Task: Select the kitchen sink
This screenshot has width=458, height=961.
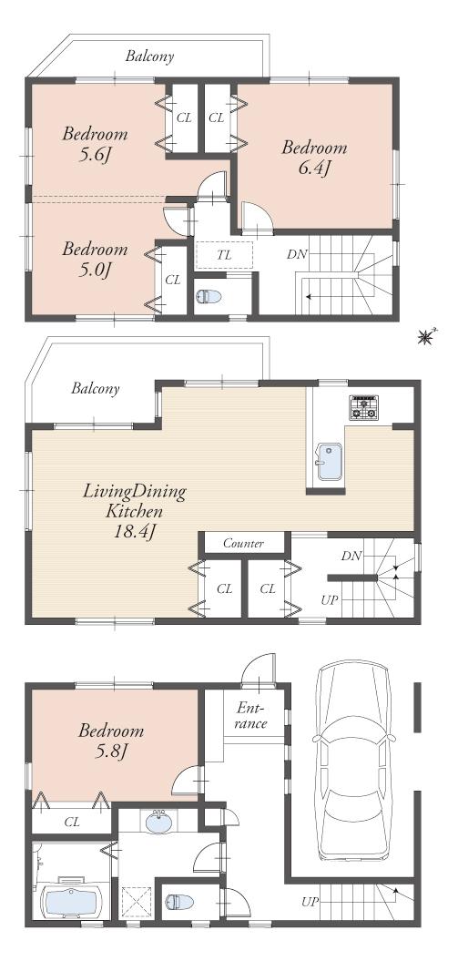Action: [x=329, y=462]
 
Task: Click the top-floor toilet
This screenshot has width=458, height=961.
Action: [x=209, y=297]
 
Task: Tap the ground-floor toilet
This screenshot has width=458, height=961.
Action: [x=177, y=902]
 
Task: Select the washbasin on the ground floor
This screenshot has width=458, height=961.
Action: [x=159, y=823]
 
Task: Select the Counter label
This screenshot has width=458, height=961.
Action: [x=243, y=544]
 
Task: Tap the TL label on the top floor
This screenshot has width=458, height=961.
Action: [x=224, y=255]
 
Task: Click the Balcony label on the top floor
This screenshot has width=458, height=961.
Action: [x=150, y=56]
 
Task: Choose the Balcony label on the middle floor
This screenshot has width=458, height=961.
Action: [x=96, y=389]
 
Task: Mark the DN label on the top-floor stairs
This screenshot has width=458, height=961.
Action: [x=297, y=254]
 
